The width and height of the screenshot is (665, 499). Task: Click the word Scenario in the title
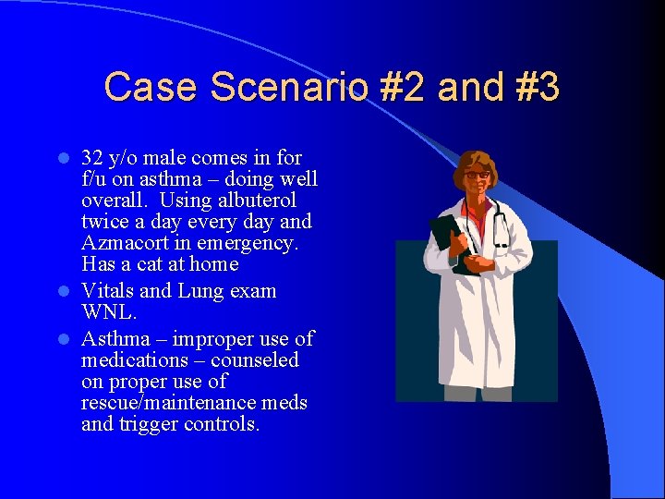tap(289, 87)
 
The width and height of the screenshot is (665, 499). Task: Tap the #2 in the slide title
tap(401, 87)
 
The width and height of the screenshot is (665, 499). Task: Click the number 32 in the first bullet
tap(92, 157)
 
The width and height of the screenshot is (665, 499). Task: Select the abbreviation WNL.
tap(109, 312)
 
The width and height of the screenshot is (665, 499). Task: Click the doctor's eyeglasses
tap(477, 175)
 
